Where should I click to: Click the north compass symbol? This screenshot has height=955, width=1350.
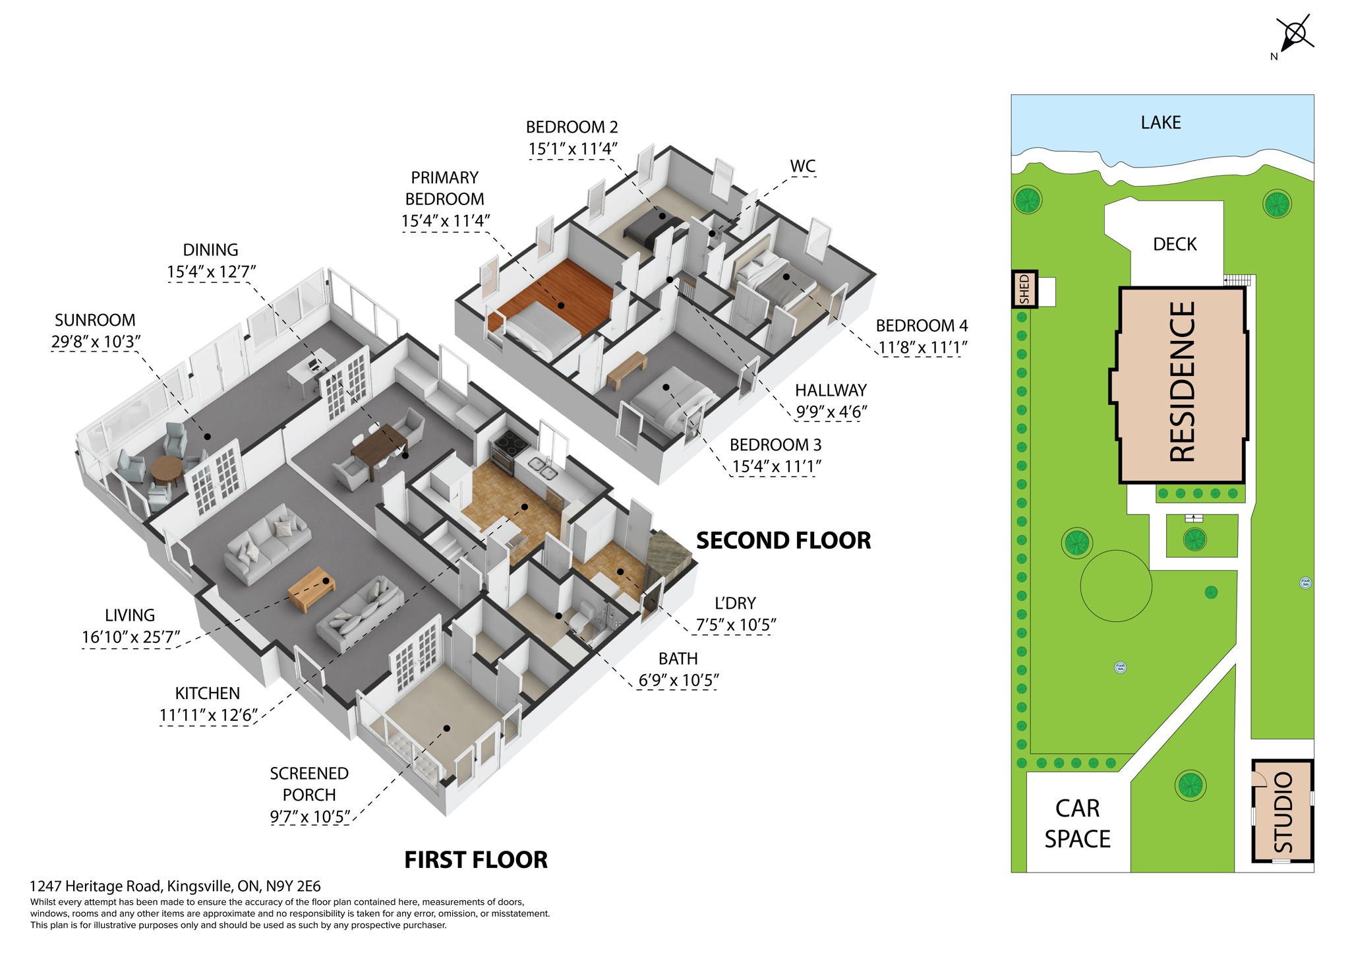click(1295, 34)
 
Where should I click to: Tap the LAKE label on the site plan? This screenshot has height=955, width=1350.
click(1160, 123)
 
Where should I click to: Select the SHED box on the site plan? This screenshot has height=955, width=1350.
click(1024, 289)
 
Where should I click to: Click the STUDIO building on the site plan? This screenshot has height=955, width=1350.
click(1282, 812)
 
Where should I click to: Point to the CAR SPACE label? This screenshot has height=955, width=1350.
click(1077, 824)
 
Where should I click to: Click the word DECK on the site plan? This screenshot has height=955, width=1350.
click(1174, 245)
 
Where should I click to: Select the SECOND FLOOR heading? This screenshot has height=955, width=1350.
click(783, 541)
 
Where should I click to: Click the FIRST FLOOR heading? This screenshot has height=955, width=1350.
click(475, 860)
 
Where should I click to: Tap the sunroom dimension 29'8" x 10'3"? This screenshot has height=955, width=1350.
click(96, 342)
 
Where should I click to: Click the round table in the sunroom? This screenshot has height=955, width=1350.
click(165, 470)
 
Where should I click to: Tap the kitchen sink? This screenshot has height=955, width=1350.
click(546, 469)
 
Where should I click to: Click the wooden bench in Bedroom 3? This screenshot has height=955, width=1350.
click(626, 370)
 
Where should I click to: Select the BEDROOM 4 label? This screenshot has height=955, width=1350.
click(921, 326)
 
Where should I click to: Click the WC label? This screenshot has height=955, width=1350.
click(802, 166)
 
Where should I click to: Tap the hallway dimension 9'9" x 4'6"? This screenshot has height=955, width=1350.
click(831, 412)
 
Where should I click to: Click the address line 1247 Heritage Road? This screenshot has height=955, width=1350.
click(175, 886)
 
